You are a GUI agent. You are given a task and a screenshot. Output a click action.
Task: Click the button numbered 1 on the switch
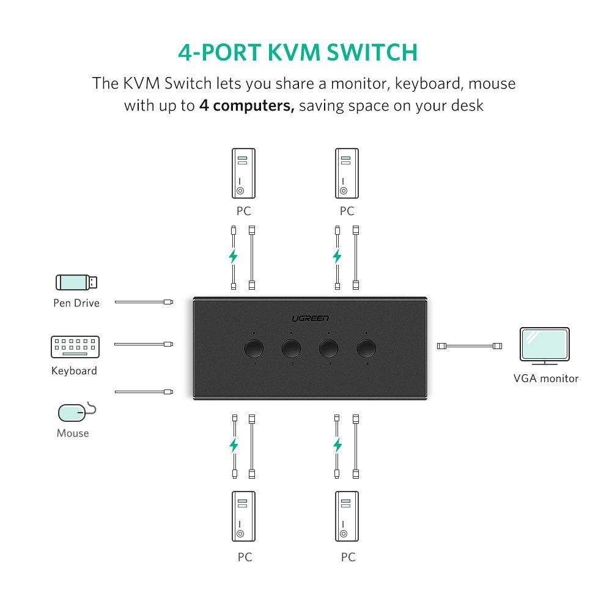coord(254,348)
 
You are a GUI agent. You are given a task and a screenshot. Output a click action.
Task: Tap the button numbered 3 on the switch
coord(329,348)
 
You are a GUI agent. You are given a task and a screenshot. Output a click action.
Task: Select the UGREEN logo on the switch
coord(310,318)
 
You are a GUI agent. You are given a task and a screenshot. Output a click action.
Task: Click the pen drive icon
coord(76,282)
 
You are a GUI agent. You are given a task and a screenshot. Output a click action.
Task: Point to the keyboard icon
coord(75,347)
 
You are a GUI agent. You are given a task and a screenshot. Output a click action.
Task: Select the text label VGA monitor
coord(545,378)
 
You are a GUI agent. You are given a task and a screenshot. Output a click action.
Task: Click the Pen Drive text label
coord(76,303)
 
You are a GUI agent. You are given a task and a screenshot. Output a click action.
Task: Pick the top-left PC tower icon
coord(243,174)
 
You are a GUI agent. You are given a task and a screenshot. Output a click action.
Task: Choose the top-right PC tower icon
coord(347,174)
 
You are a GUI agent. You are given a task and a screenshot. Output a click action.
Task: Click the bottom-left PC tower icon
coord(243,516)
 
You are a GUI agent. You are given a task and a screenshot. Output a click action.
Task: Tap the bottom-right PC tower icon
coord(347,516)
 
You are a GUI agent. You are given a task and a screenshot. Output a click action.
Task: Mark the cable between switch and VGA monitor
coord(470,346)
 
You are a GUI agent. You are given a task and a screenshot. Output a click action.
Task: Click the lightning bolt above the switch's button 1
coord(233,256)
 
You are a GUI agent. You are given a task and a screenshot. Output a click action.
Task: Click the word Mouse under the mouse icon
coord(73,433)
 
